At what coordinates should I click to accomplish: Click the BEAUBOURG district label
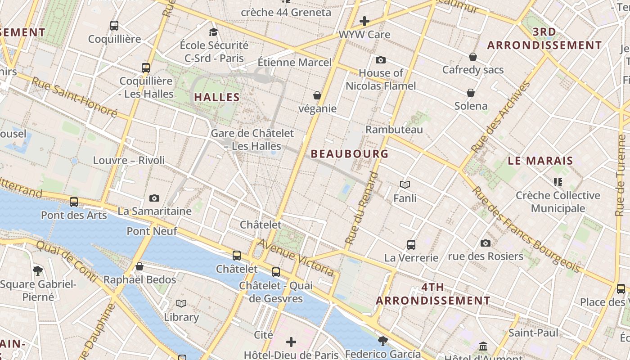point(350,154)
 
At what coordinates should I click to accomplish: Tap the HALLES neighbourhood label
point(217,97)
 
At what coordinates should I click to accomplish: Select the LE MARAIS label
point(540,161)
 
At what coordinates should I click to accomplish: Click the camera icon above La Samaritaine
point(154,198)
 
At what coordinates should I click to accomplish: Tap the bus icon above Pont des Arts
point(74,202)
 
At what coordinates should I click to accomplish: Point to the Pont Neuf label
point(152,231)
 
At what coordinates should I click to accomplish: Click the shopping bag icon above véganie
point(317,95)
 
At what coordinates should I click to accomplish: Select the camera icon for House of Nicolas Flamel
point(381,60)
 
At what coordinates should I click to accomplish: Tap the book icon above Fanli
point(405,185)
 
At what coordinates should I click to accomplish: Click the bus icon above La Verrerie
point(411,244)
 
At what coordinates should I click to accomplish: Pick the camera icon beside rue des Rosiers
point(485,243)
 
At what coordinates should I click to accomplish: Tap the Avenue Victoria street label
point(296,257)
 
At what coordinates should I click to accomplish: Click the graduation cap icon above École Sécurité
point(213,32)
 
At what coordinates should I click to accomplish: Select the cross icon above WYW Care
point(364,21)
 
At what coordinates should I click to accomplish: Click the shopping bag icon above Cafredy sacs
point(473,57)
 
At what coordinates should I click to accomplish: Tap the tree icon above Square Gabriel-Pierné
point(38,270)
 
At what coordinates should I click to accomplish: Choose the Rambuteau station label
point(394,130)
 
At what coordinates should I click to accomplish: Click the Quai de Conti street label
point(66,261)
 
